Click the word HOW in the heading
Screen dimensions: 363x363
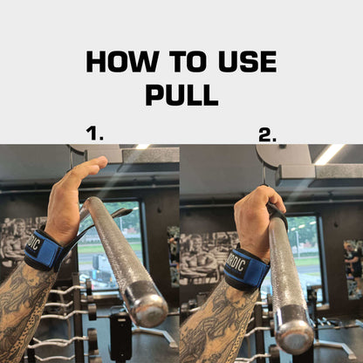[x=121, y=61]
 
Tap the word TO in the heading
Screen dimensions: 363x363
[x=190, y=61]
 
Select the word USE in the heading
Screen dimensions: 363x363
[x=248, y=61]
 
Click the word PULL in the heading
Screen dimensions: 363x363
[x=181, y=95]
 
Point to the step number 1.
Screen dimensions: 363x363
[x=95, y=134]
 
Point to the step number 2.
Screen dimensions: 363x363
[x=267, y=134]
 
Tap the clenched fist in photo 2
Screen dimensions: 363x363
[x=258, y=221]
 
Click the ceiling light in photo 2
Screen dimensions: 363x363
[x=330, y=154]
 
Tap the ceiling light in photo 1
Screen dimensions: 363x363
[x=142, y=147]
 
